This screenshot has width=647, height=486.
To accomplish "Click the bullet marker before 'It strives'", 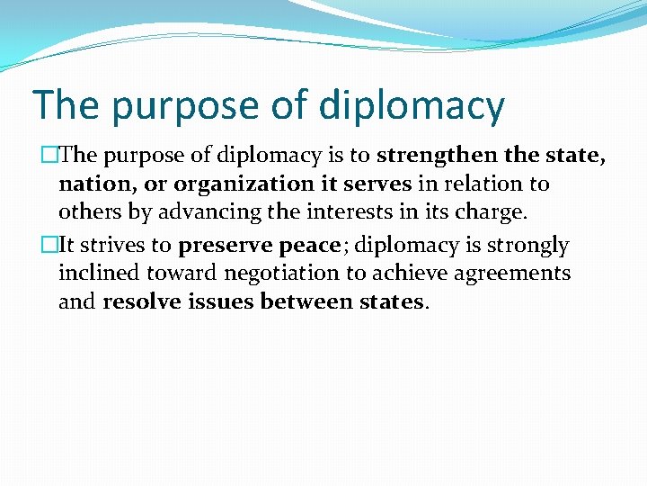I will pos(51,245).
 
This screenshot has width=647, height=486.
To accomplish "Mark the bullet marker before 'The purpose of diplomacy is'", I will pos(51,156).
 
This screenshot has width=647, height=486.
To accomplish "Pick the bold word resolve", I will pos(141,301).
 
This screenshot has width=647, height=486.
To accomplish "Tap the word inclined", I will pos(99,273).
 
